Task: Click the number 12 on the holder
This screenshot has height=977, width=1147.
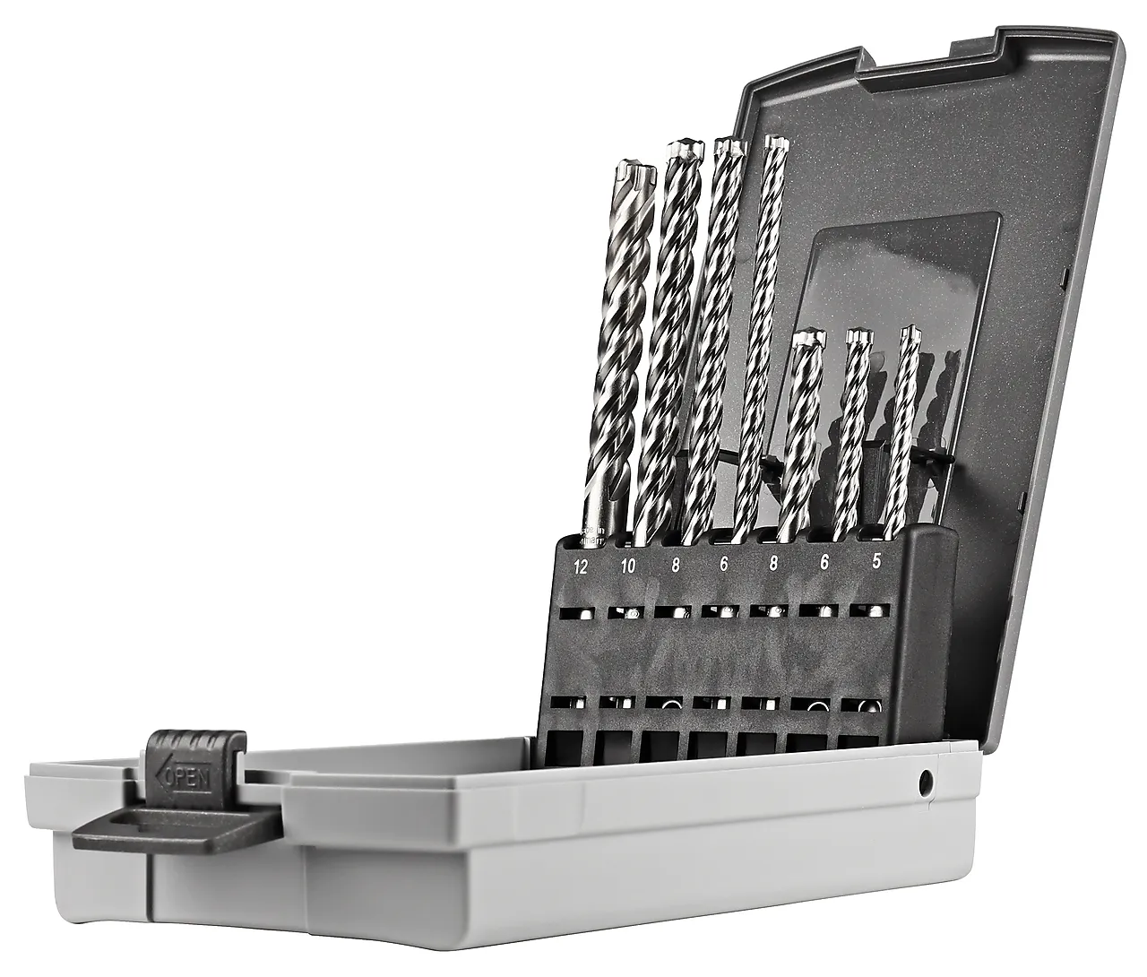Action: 582,566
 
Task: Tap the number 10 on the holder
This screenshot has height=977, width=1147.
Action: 627,566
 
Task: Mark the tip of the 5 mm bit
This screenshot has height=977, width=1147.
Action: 911,334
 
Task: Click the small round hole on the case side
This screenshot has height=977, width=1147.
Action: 923,782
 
